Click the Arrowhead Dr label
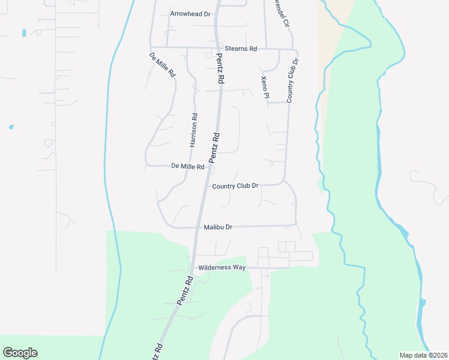point(190,13)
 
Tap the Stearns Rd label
point(240,48)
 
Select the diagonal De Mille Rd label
point(163,65)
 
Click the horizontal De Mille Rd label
point(188,166)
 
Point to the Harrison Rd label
point(193,130)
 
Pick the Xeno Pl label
point(265,87)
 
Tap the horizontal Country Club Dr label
point(235,186)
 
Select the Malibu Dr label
point(218,227)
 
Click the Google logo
point(20,353)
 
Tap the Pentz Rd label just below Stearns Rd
point(220,68)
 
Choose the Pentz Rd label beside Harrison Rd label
point(214,147)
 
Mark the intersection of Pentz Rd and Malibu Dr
point(197,227)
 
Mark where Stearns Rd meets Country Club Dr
point(293,49)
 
